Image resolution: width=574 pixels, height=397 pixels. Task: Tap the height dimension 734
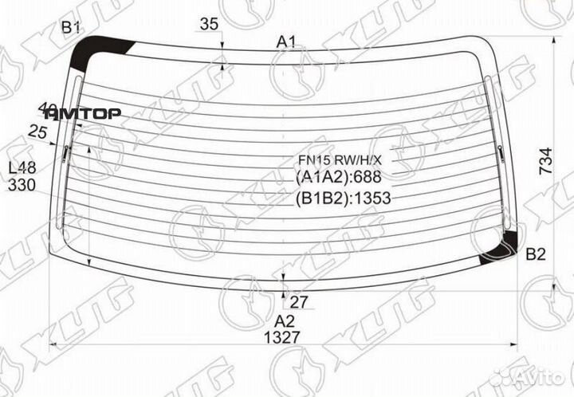click(x=545, y=163)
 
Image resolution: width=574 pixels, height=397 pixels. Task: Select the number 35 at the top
click(x=209, y=25)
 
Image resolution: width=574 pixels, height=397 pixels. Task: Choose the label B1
click(x=72, y=29)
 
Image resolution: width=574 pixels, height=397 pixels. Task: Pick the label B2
click(x=536, y=255)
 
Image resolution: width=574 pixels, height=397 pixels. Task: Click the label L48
click(x=22, y=168)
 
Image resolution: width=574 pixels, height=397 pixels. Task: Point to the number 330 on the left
click(x=22, y=185)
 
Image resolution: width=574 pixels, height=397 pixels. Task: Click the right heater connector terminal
click(x=500, y=151)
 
